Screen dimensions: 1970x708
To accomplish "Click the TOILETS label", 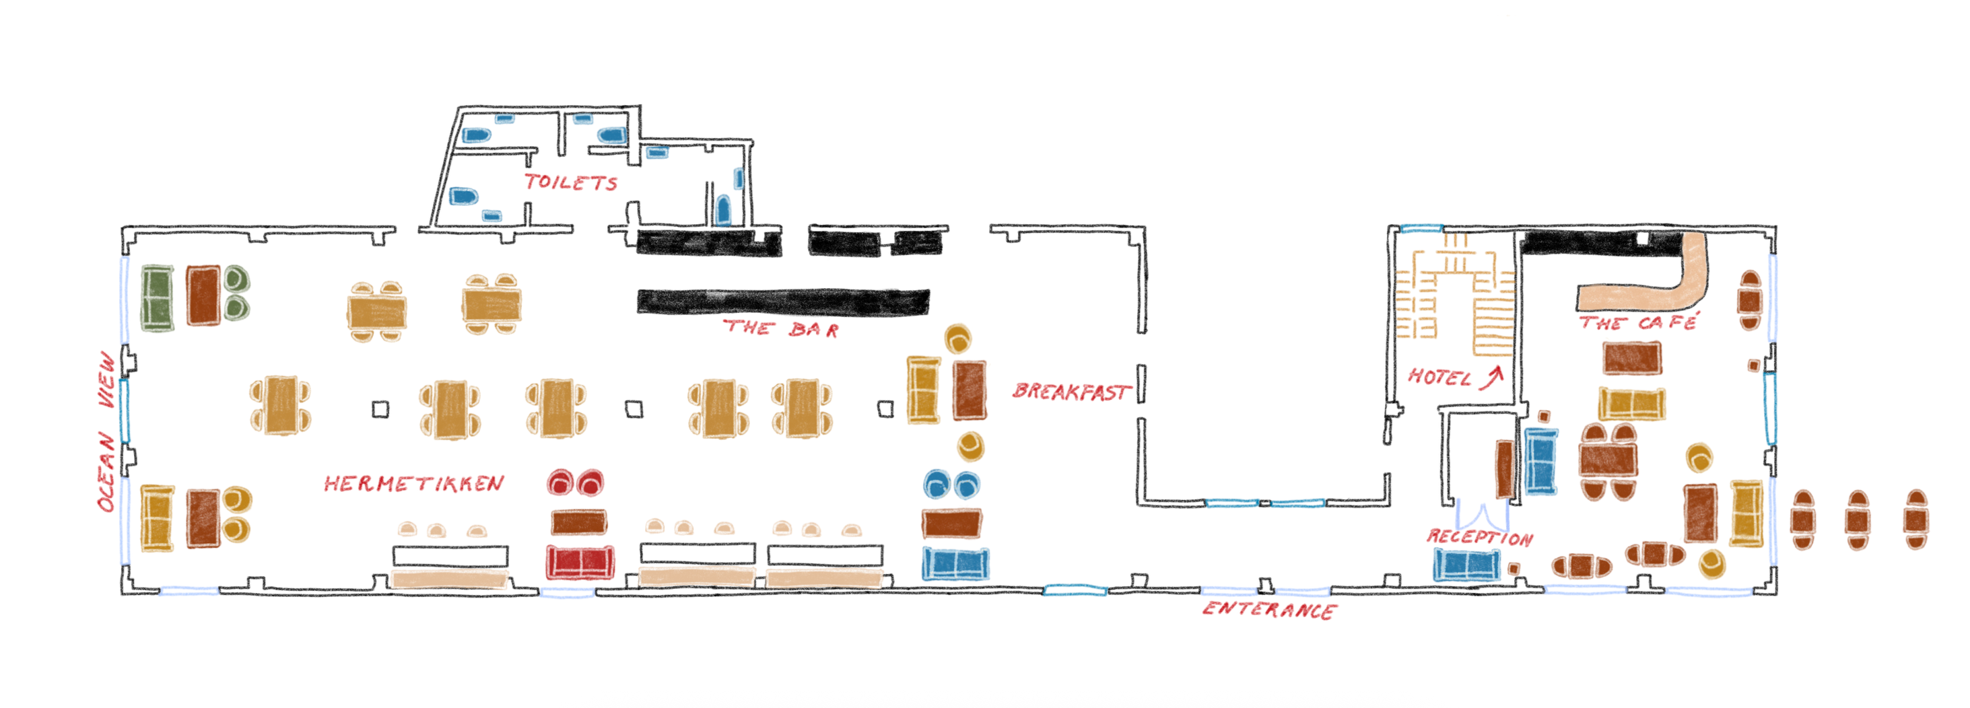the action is click(570, 182).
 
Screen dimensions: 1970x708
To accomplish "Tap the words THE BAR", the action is click(781, 329).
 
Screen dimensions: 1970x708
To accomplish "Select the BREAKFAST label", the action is click(1071, 392).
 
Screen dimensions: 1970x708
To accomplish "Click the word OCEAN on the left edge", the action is click(106, 472).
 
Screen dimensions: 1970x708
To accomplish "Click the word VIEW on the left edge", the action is click(108, 380).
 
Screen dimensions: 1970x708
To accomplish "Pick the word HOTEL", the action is click(1439, 377).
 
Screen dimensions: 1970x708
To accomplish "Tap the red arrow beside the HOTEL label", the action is click(1491, 377).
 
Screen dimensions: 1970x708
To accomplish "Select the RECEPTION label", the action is click(1480, 537).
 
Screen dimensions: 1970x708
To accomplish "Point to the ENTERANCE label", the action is click(1270, 610).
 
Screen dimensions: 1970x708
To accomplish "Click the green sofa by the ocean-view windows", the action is click(158, 298).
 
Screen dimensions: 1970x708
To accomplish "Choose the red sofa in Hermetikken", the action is click(580, 562).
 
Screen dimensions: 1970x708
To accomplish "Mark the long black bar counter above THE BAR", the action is click(783, 302).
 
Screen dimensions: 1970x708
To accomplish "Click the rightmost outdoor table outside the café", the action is click(1915, 520).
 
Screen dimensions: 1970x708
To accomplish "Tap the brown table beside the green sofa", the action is click(203, 295).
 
